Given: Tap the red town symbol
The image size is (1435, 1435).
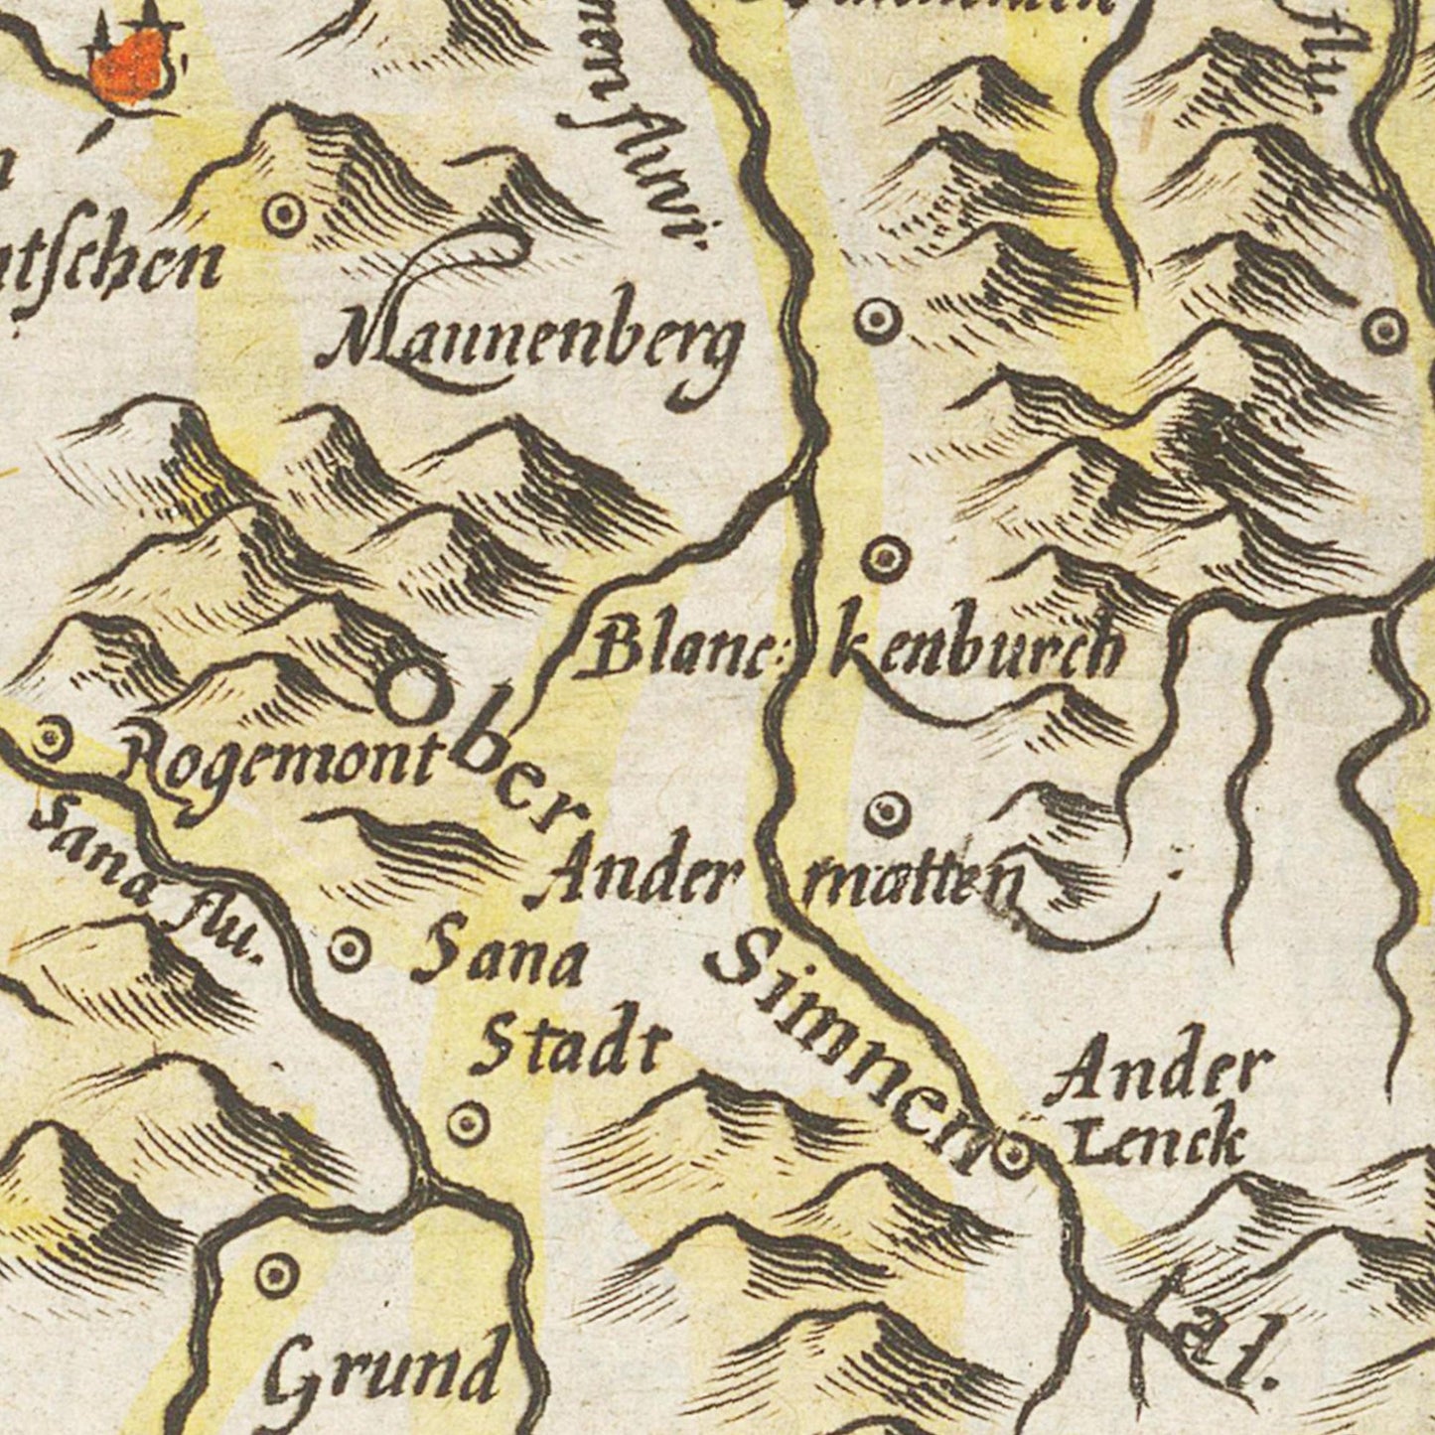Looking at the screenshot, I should pyautogui.click(x=128, y=64).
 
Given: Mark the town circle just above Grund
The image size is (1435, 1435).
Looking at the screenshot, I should pyautogui.click(x=275, y=1271).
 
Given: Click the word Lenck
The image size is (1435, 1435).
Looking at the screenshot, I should pyautogui.click(x=1158, y=1142).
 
